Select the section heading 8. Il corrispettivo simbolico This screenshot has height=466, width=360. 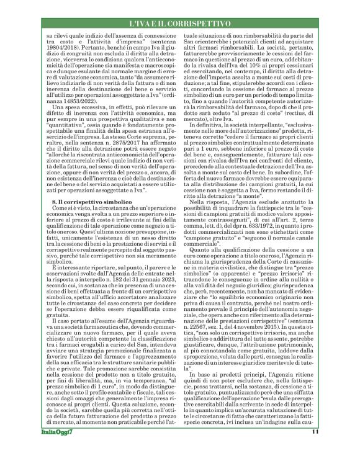point(86,202)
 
